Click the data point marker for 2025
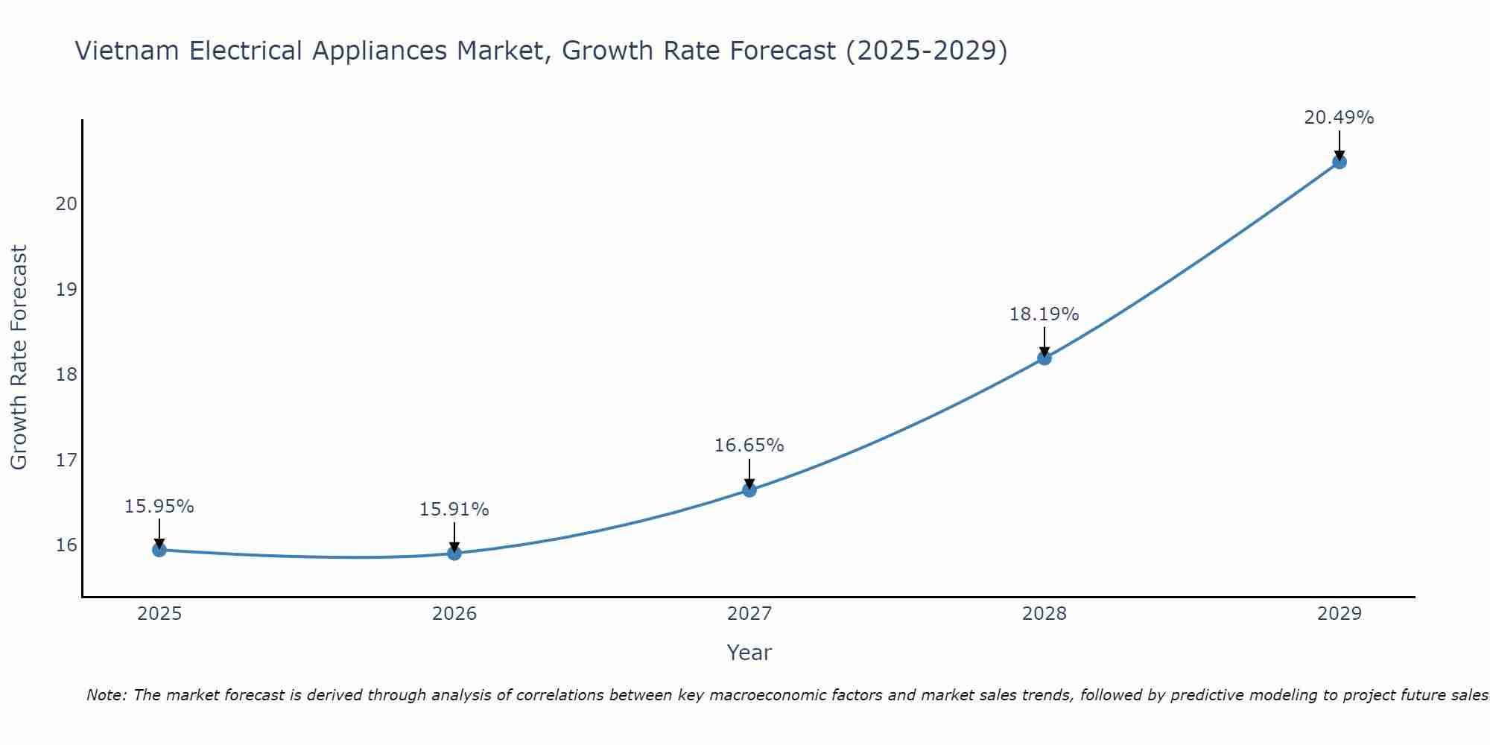tap(159, 550)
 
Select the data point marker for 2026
tap(454, 553)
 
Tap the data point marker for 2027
tap(749, 489)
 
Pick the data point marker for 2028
tap(1044, 358)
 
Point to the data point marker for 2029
tap(1339, 162)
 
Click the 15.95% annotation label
tap(159, 507)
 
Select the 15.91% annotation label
tap(454, 510)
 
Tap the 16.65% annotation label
tap(749, 446)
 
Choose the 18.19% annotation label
tap(1044, 314)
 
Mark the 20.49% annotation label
tap(1339, 118)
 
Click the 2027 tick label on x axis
tap(749, 614)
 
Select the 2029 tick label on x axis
tap(1339, 614)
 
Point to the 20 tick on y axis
tap(66, 204)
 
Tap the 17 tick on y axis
tap(66, 460)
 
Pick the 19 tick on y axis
tap(66, 290)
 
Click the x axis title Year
tap(749, 653)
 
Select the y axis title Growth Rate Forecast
tap(19, 358)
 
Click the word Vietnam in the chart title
tap(125, 51)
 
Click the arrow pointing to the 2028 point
tap(1044, 342)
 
